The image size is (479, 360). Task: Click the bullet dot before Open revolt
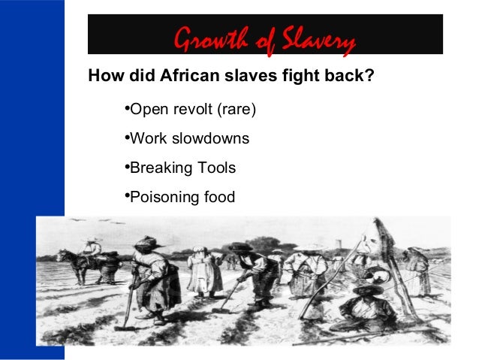(124, 110)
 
